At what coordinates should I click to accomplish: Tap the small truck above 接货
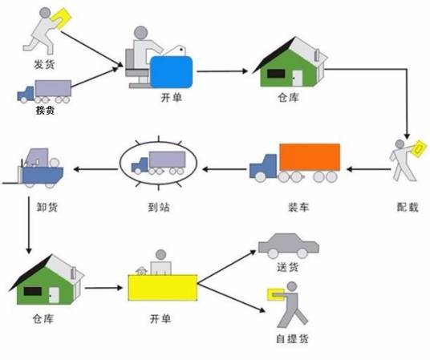pyautogui.click(x=44, y=91)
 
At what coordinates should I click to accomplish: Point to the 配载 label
pyautogui.click(x=408, y=207)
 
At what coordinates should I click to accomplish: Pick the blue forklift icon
pyautogui.click(x=36, y=167)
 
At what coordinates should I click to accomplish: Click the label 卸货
pyautogui.click(x=47, y=207)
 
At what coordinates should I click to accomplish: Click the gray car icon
pyautogui.click(x=288, y=245)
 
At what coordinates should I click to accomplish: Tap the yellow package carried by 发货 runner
pyautogui.click(x=61, y=16)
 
